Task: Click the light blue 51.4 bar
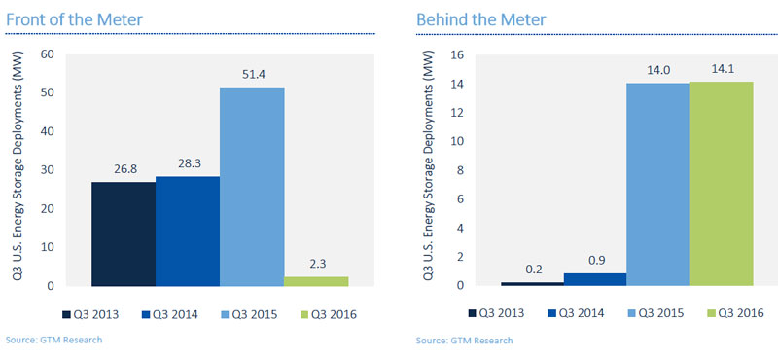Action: pyautogui.click(x=252, y=187)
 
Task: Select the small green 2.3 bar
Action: pyautogui.click(x=316, y=281)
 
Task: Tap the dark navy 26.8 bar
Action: pyautogui.click(x=124, y=234)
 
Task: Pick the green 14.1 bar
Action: pyautogui.click(x=721, y=184)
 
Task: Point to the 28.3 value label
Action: pyautogui.click(x=188, y=163)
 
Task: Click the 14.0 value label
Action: pyautogui.click(x=658, y=70)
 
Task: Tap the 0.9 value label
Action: pyautogui.click(x=595, y=260)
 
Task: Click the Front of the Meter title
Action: pyautogui.click(x=74, y=19)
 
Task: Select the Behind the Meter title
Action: pyautogui.click(x=481, y=19)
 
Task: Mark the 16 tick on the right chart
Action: pyautogui.click(x=456, y=54)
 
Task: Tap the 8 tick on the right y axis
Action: pyautogui.click(x=459, y=170)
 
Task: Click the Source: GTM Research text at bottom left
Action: pyautogui.click(x=53, y=340)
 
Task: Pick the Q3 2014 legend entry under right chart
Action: pyautogui.click(x=576, y=313)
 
